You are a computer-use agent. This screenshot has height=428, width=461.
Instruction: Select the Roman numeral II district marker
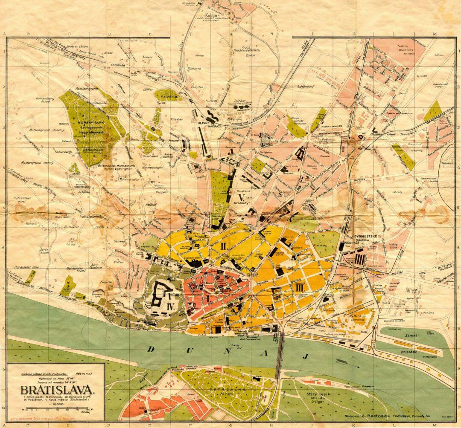coord(223,246)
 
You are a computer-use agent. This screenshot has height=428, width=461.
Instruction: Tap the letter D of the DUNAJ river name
coord(151,349)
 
